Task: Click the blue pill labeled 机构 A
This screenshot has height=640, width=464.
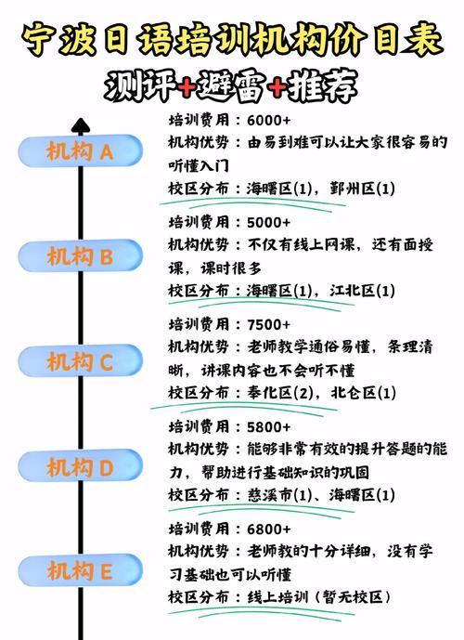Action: [x=80, y=151]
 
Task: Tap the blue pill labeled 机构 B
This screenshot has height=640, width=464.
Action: [x=80, y=256]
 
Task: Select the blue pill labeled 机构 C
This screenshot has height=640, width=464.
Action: [x=80, y=361]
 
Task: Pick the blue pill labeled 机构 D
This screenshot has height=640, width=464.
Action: [x=80, y=466]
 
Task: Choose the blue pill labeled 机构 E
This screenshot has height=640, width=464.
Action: [x=80, y=570]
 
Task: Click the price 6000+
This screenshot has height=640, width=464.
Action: [x=269, y=121]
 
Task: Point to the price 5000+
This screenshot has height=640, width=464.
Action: [x=269, y=222]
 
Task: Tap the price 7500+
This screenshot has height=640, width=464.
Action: [x=269, y=324]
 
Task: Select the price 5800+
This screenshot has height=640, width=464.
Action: [x=269, y=427]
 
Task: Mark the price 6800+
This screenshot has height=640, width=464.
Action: [x=269, y=529]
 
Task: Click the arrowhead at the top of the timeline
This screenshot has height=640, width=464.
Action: [x=81, y=124]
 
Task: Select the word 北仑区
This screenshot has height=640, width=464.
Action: [x=354, y=393]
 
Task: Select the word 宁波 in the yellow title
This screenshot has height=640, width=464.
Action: [x=58, y=40]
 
